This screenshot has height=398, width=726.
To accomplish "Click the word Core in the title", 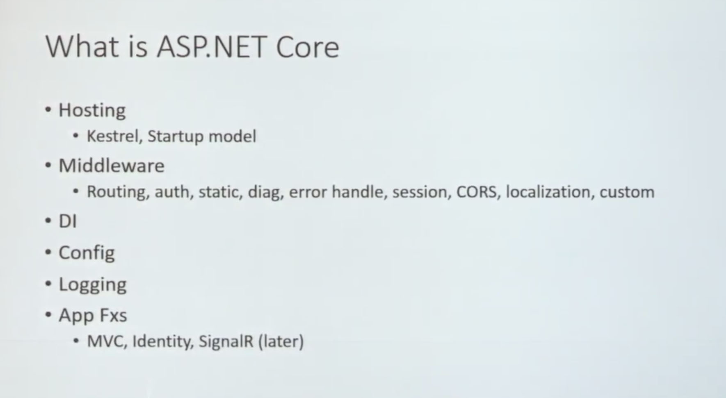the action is coord(308,47).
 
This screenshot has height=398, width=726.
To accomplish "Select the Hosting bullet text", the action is coord(92,111).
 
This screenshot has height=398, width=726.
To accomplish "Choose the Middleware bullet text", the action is coord(112,166).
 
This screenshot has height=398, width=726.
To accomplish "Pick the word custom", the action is coord(627,192).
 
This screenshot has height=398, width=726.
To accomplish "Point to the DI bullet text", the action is coord(68,221).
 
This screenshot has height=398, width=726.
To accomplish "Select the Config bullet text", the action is coord(87,253).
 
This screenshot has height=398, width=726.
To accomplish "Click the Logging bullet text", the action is coord(93,285).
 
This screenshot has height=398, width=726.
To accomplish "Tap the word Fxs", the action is coord(113,316).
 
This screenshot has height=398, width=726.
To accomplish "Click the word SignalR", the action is coord(226,341).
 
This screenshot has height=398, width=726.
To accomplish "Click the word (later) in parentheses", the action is coord(281,341).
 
